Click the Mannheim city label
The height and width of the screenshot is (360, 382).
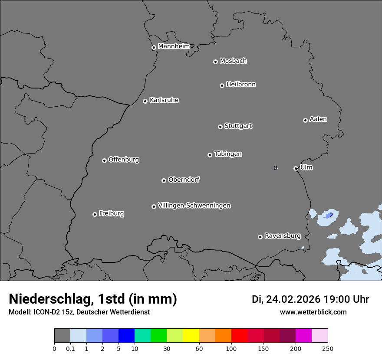click(174, 46)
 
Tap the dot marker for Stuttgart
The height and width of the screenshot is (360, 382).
click(220, 127)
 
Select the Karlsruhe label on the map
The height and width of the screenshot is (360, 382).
click(164, 100)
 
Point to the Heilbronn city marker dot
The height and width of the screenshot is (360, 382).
click(222, 85)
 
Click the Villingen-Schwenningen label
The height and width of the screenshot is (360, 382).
click(194, 206)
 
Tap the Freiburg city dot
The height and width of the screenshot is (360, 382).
click(95, 214)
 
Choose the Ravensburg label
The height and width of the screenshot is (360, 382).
click(283, 236)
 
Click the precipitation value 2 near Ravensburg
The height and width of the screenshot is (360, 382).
click(331, 215)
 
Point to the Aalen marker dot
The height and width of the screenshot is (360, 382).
click(305, 120)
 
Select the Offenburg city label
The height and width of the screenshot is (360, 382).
click(124, 160)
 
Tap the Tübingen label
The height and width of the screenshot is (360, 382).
click(228, 154)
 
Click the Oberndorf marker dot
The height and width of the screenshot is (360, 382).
click(164, 180)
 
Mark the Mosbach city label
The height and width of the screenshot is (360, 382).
click(233, 61)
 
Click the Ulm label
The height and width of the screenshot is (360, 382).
click(306, 167)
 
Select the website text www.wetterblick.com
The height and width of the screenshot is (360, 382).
click(313, 312)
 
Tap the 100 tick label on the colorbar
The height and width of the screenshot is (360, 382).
click(231, 348)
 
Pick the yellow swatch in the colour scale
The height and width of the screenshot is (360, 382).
click(191, 336)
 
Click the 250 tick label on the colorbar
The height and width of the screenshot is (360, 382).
click(328, 348)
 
